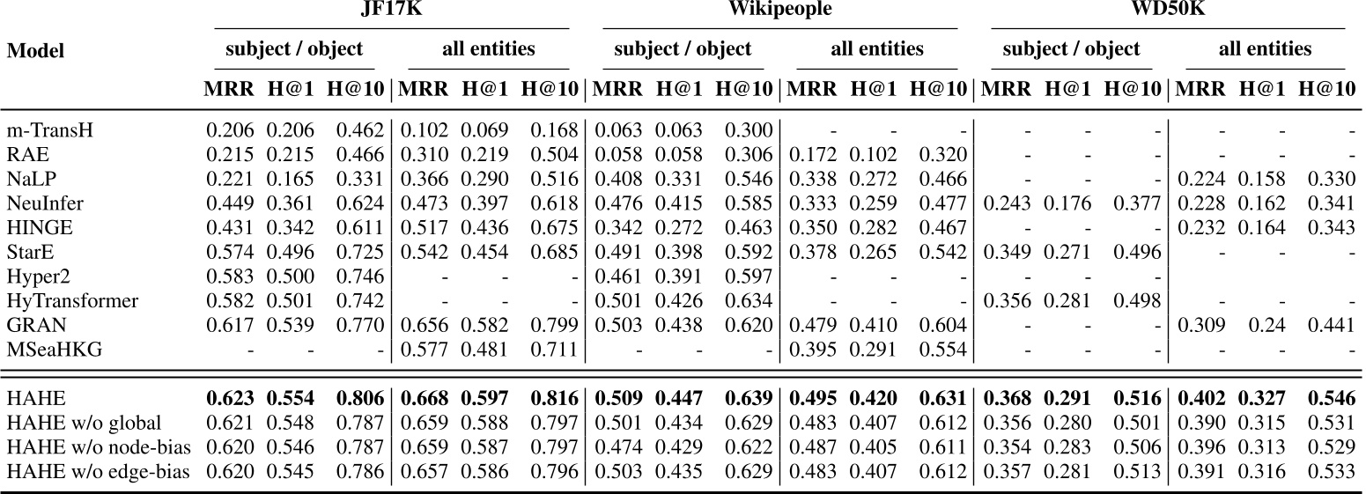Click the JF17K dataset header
[x=389, y=13]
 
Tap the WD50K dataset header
[x=1168, y=13]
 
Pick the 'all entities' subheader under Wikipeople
[x=876, y=49]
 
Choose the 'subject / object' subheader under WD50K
[x=1071, y=49]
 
